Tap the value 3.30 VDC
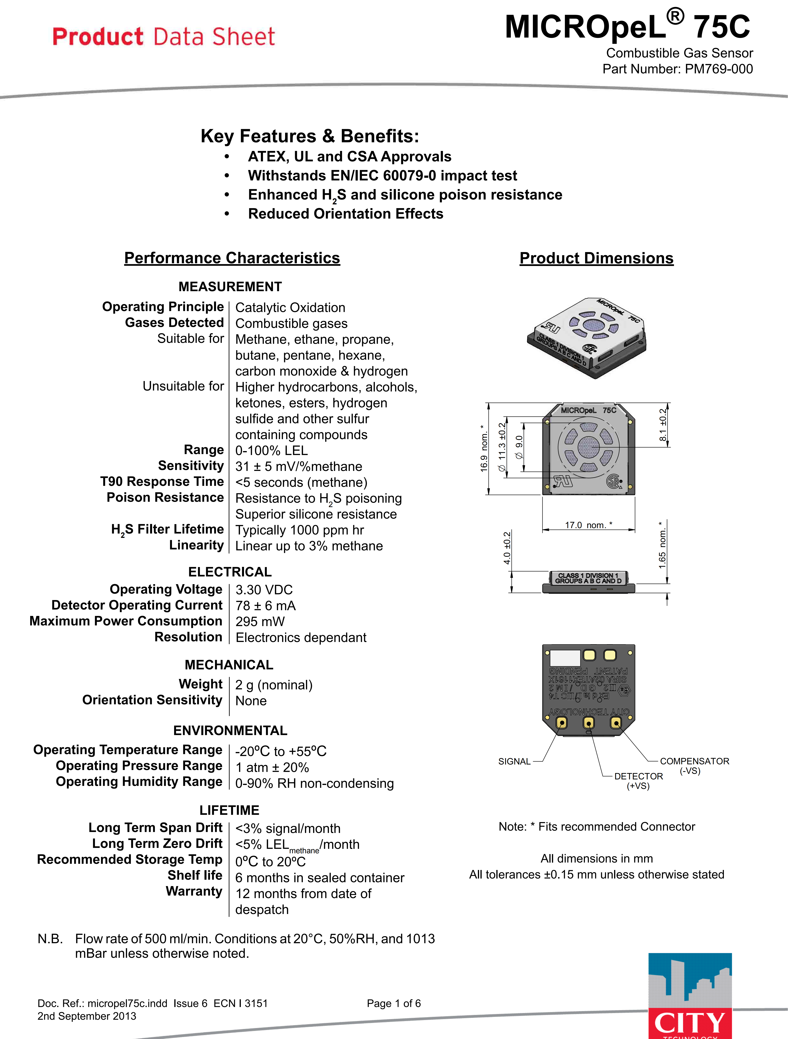pyautogui.click(x=264, y=590)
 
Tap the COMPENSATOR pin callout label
pyautogui.click(x=694, y=761)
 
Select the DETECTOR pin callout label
pyautogui.click(x=638, y=776)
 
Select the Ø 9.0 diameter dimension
pyautogui.click(x=519, y=447)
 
